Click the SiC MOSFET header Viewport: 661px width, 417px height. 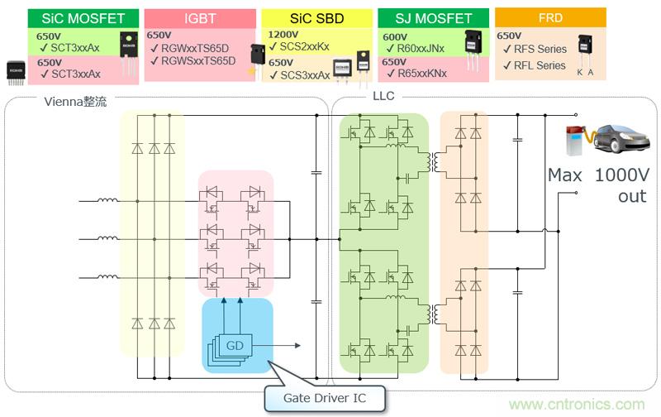(73, 17)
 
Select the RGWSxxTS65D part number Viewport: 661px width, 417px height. (198, 61)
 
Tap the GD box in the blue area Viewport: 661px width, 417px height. (236, 344)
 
